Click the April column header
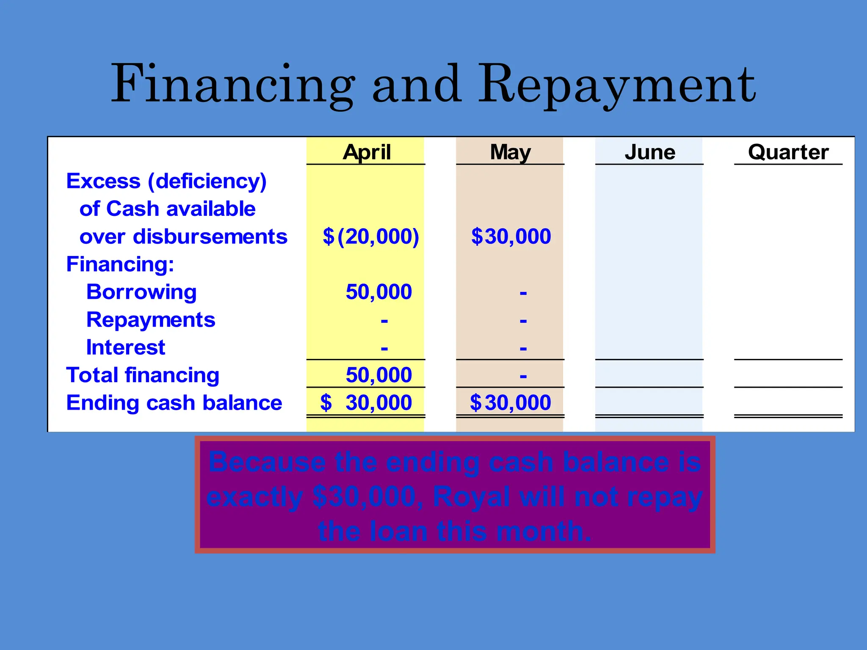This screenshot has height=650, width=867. tap(367, 152)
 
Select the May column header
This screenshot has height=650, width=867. tap(510, 152)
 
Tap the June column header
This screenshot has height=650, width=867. tap(650, 152)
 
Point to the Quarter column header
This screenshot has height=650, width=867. tap(788, 152)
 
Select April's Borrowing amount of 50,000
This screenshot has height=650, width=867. tap(378, 292)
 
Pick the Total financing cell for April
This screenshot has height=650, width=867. tap(378, 375)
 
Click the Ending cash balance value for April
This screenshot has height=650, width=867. tap(367, 402)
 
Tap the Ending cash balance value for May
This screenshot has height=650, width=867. tap(511, 402)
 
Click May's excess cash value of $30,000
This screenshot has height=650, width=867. tap(511, 236)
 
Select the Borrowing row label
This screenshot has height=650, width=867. tap(141, 292)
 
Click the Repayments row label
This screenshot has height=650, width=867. tap(151, 319)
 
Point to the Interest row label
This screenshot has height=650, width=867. tap(125, 347)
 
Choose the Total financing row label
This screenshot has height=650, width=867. tap(143, 375)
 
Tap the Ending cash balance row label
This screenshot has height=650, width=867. tap(174, 402)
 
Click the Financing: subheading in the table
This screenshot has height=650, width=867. tap(120, 264)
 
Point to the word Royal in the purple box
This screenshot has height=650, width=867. tap(471, 496)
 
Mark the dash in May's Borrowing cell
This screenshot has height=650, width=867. tap(523, 293)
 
